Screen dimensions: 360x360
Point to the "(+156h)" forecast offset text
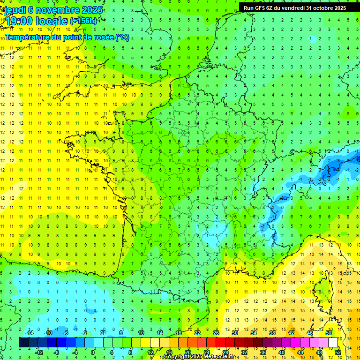(x=83, y=21)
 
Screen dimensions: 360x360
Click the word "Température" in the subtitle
(x=28, y=37)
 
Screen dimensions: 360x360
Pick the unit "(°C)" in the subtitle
(x=122, y=37)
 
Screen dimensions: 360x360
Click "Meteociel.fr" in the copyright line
(x=221, y=357)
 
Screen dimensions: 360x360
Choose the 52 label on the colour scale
(x=337, y=352)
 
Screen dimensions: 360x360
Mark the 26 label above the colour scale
(x=216, y=333)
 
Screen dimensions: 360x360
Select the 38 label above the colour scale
(x=272, y=333)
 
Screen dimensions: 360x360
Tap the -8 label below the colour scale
(x=57, y=352)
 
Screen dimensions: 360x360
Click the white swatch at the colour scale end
(x=333, y=342)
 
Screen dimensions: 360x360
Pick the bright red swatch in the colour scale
(x=221, y=342)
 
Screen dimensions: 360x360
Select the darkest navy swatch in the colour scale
(x=24, y=342)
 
